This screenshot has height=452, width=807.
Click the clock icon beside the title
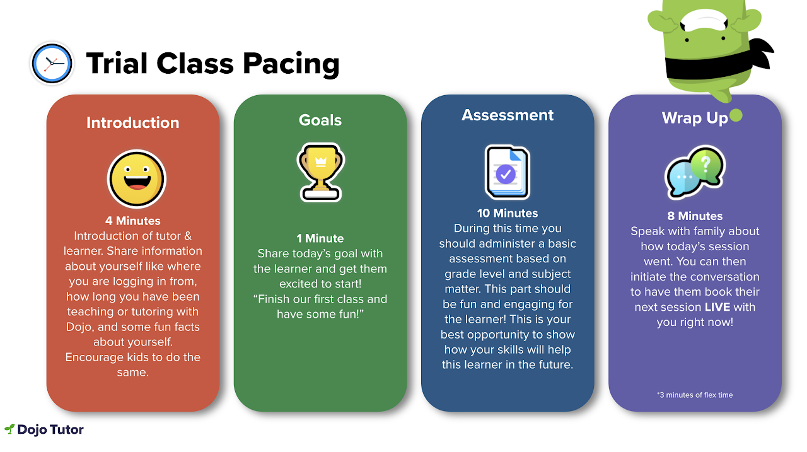click(x=52, y=64)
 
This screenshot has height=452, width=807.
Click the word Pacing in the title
click(x=291, y=64)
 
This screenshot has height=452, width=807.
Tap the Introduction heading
click(x=132, y=122)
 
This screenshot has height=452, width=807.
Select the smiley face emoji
click(x=137, y=178)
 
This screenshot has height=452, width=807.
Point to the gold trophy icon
click(x=321, y=172)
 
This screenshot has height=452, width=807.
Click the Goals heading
click(x=320, y=120)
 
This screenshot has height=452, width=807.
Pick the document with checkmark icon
click(x=508, y=172)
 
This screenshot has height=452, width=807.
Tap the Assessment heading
click(x=508, y=115)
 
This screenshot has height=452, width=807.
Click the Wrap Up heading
click(x=695, y=118)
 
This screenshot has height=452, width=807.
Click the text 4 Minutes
click(x=132, y=221)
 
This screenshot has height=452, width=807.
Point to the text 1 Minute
click(x=320, y=238)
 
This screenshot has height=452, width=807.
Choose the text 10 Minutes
click(x=508, y=213)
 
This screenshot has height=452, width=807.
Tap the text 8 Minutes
click(x=695, y=216)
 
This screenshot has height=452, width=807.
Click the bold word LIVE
click(x=717, y=307)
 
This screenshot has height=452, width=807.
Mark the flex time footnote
click(x=695, y=395)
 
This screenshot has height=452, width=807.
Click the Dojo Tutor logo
click(x=44, y=429)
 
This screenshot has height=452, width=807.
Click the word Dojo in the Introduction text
click(x=79, y=327)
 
